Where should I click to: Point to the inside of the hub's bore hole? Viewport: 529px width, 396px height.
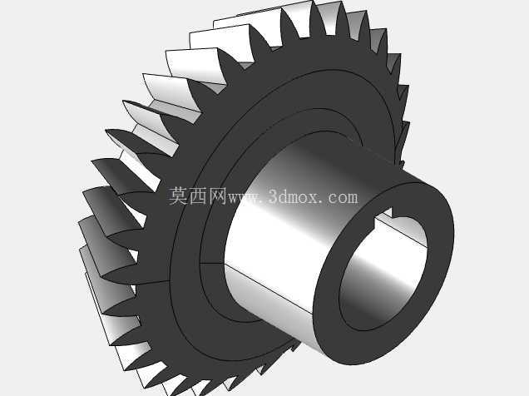coord(383,270)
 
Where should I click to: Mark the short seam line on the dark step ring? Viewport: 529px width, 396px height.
coord(213,262)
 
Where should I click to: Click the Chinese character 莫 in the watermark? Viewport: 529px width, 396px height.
coord(178,196)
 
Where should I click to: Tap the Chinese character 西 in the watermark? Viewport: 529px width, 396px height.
coord(198,196)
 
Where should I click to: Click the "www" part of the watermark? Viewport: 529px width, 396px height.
coord(244,198)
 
